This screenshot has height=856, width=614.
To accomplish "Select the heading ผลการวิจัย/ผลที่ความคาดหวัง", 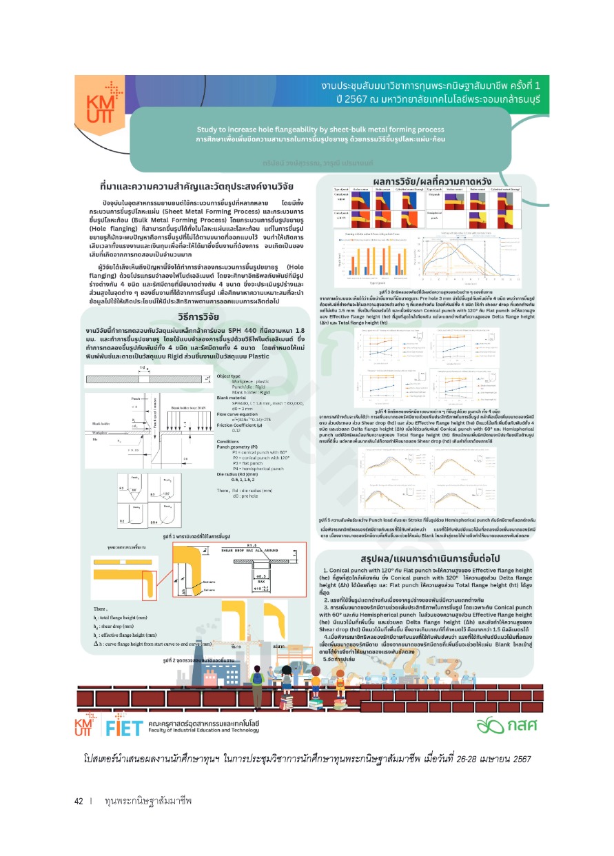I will (x=424, y=181).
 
